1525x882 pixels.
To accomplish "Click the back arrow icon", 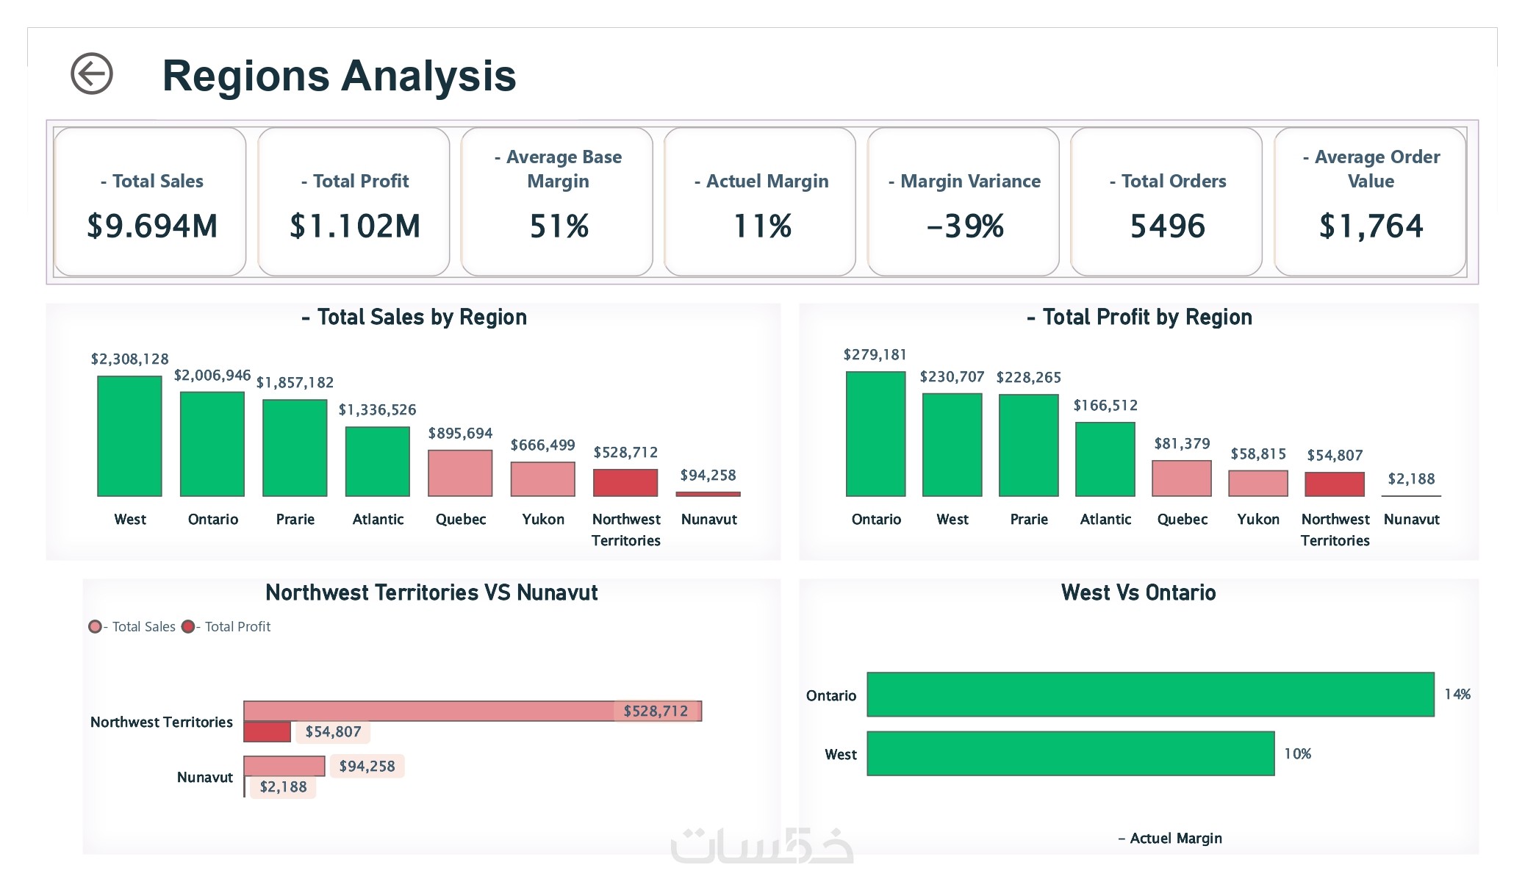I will [x=92, y=73].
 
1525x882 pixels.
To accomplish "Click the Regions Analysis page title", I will [x=339, y=76].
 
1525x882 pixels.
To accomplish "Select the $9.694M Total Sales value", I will [x=152, y=226].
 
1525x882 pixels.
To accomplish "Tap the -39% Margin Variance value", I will [x=964, y=226].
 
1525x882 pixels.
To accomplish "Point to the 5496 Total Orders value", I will [x=1167, y=226].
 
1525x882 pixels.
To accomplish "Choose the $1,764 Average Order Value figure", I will [x=1371, y=226].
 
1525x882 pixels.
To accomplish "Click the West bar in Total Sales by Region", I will [x=129, y=436].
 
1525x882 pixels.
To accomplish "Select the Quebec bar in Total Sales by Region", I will [x=460, y=473].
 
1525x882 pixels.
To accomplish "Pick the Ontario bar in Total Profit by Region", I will [x=875, y=434].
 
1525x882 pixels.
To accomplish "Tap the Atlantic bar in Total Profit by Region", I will [x=1105, y=459].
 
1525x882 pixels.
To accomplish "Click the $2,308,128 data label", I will [x=129, y=359].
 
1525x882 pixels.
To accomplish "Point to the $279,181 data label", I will [x=875, y=355].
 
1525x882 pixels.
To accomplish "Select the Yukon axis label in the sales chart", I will [x=543, y=520].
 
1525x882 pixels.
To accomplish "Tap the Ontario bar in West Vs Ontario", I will [x=1150, y=695].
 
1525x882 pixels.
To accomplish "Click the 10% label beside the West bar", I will [x=1297, y=754].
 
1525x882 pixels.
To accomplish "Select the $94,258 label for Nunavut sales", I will [x=367, y=767].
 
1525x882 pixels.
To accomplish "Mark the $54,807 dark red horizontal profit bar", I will [x=267, y=732].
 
